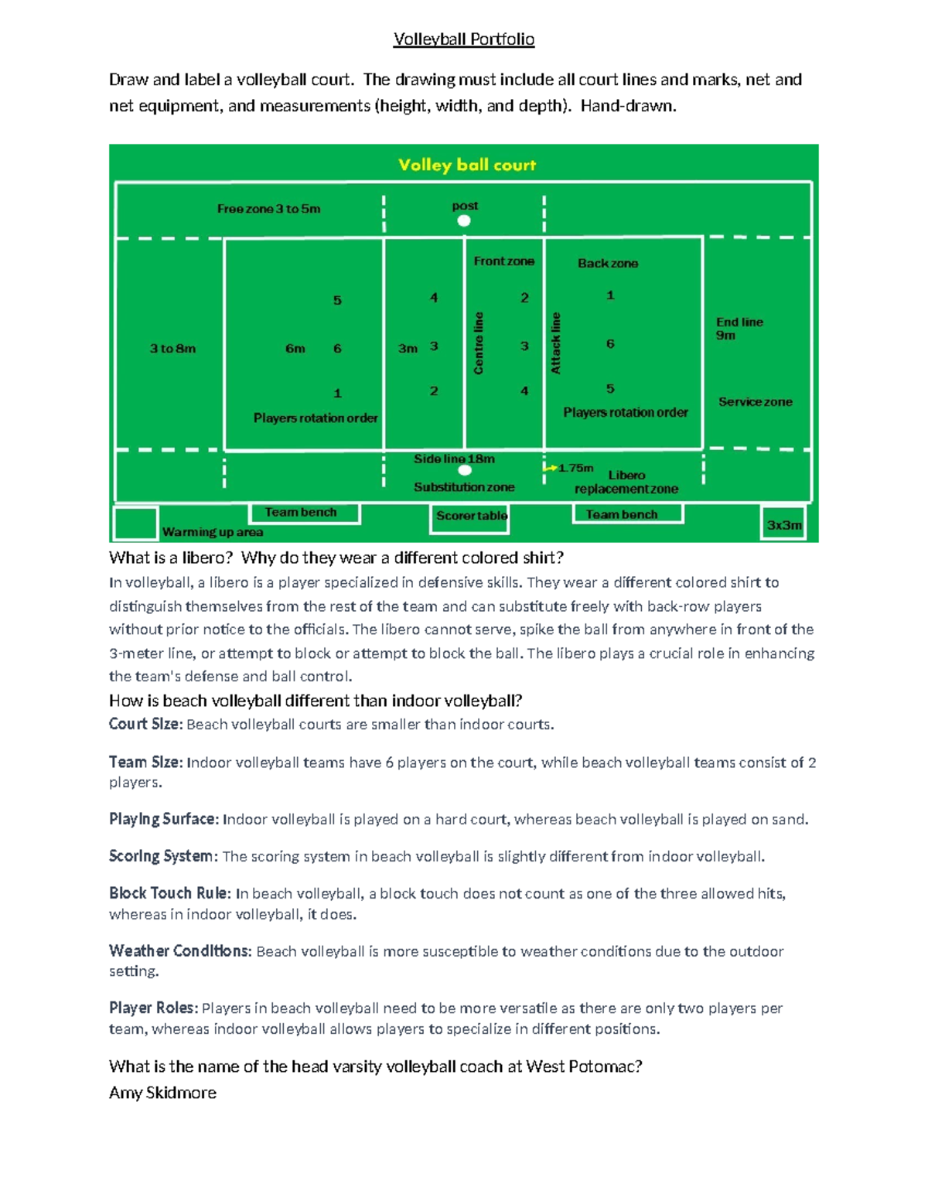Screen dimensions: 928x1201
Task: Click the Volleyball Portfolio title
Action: pos(464,39)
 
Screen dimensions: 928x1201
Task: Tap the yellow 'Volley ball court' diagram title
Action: pos(467,165)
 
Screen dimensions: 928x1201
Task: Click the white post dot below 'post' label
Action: pos(464,221)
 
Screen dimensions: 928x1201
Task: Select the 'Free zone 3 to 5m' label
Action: pos(268,209)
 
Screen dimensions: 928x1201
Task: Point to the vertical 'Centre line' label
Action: pos(479,343)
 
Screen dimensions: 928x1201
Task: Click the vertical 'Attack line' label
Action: pos(555,343)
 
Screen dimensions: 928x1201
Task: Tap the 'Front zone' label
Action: pos(503,261)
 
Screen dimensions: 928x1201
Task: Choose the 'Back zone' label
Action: pos(607,263)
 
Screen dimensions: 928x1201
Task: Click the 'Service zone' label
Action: pos(755,402)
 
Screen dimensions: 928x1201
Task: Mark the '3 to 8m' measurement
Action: pos(172,349)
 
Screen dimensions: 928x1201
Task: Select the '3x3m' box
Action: pos(783,524)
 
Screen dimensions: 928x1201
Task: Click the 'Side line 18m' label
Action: pos(454,459)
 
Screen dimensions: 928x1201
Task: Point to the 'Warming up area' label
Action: pos(212,532)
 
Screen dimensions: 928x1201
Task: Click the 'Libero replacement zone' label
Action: pos(626,482)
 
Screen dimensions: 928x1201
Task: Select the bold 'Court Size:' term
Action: pos(145,724)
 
